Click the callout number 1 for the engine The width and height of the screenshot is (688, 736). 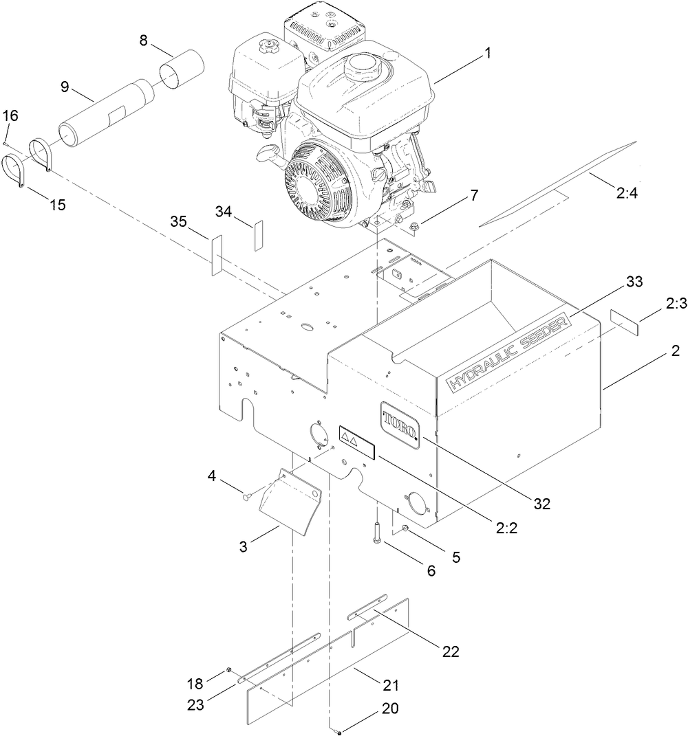click(488, 55)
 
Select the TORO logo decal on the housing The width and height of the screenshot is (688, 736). click(398, 423)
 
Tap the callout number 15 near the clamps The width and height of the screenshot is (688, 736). click(57, 205)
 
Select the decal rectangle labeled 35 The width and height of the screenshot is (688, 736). click(217, 254)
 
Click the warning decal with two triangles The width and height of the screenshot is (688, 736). click(356, 441)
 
